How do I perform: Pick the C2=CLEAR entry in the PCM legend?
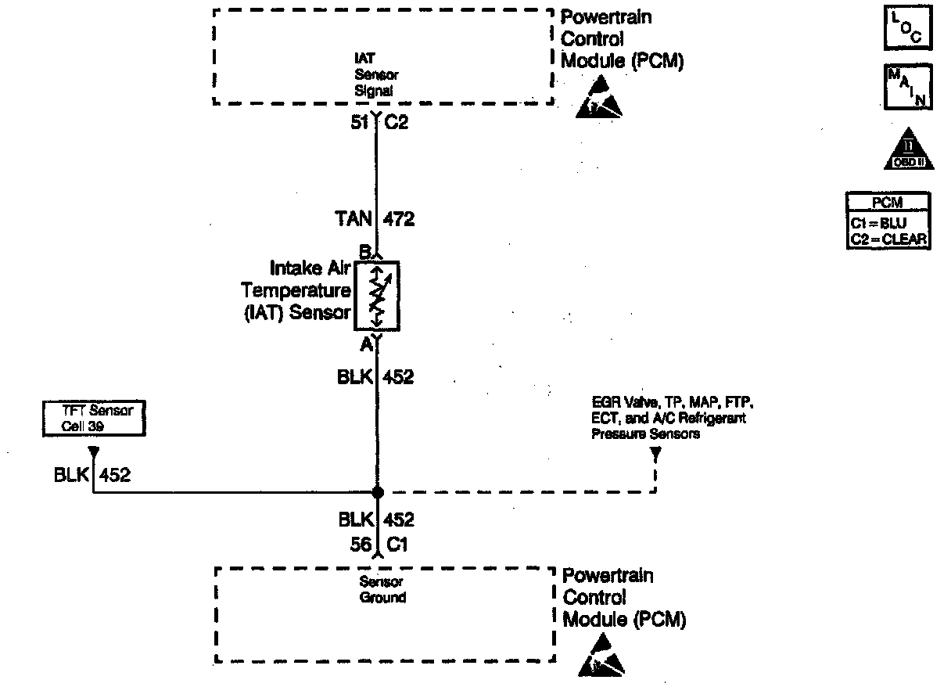pos(888,238)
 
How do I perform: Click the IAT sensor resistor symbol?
pos(376,295)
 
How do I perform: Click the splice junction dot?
pos(377,492)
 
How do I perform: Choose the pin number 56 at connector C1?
pos(361,545)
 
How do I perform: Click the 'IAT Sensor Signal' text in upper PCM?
pos(375,74)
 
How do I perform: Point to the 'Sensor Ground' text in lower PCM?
pos(382,590)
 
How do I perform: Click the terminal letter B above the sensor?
pos(364,253)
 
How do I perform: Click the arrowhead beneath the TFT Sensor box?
pos(93,452)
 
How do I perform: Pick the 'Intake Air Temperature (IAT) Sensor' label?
pos(296,291)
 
